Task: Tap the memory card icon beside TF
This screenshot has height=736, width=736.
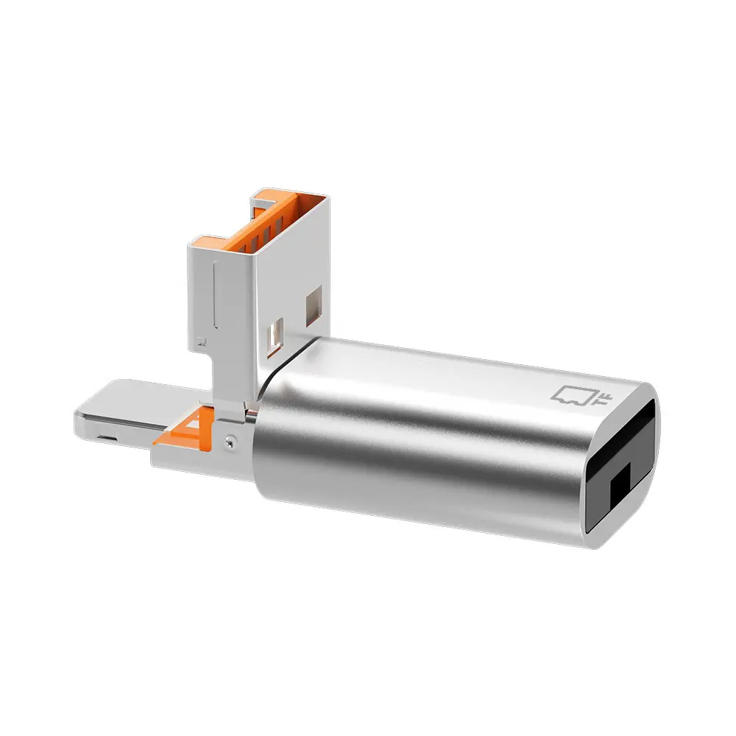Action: (574, 395)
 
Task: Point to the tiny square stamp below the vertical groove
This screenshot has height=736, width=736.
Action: (200, 342)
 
